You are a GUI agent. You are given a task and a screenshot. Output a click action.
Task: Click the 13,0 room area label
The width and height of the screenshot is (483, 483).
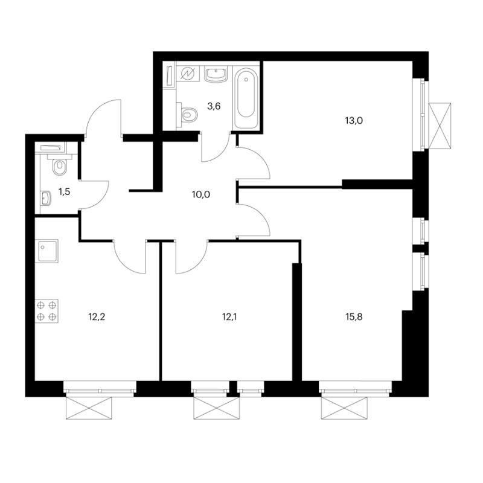pos(354,120)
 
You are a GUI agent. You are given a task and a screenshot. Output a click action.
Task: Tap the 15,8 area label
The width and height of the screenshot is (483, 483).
pos(354,316)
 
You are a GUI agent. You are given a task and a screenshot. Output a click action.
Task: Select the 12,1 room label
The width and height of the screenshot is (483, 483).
pos(229,316)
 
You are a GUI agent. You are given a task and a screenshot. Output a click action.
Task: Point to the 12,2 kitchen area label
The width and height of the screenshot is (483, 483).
pos(97,316)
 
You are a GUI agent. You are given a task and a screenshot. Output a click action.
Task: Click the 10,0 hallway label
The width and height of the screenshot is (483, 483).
pos(201,194)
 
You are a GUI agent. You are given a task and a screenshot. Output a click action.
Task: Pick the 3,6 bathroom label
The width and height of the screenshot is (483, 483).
pos(214,107)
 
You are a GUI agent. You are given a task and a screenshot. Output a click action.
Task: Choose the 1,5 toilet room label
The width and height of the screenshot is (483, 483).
pos(65,192)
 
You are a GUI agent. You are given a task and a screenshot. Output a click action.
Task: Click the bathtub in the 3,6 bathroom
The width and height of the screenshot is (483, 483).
pos(246,98)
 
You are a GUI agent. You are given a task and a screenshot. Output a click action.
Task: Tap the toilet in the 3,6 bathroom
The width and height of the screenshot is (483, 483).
pos(187,115)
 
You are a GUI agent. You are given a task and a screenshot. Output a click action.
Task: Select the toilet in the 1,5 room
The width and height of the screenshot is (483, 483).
pos(59,164)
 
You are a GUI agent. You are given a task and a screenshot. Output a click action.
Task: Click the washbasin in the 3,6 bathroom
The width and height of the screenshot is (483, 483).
pos(216,74)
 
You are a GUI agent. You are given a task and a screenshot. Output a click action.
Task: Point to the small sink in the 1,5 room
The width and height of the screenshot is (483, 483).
pos(46,198)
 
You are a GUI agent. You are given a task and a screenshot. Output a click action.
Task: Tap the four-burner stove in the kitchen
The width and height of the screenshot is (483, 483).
pos(47,311)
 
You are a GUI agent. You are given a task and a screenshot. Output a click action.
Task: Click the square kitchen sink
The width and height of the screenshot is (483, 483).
pos(47,251)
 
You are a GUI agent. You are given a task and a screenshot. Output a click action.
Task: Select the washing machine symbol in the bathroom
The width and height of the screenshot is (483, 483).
pos(187,74)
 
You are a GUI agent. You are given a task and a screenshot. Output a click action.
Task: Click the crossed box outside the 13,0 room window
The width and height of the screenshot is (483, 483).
pos(440,126)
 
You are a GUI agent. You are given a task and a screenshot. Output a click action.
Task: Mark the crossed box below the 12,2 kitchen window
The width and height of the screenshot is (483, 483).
pos(88,408)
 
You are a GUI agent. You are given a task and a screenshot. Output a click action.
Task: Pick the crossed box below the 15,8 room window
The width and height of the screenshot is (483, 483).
pos(344,408)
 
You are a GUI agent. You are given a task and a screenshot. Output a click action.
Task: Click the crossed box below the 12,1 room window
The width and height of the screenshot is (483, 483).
pos(216,408)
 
